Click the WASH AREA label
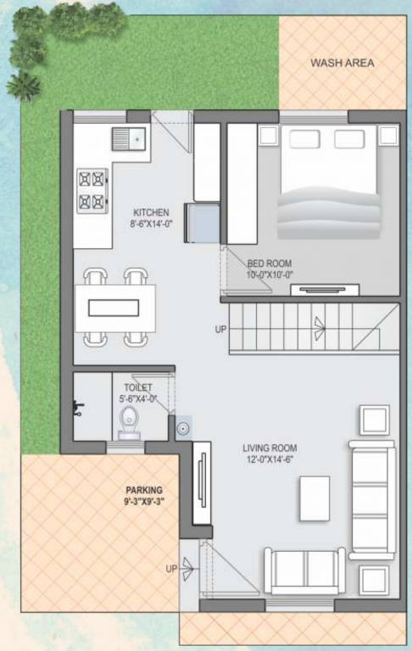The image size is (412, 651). click(342, 63)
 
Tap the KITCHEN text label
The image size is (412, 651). click(151, 212)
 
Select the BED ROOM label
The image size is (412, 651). click(270, 264)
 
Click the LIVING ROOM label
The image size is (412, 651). click(270, 448)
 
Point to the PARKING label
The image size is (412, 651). click(144, 490)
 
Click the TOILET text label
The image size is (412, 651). click(137, 387)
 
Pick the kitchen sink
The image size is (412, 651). click(129, 138)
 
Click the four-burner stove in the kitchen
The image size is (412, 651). click(93, 190)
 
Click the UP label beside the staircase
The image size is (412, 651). click(220, 329)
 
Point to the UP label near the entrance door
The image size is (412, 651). click(171, 569)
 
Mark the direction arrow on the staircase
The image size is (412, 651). click(320, 324)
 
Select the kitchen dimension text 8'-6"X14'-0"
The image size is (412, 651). click(151, 225)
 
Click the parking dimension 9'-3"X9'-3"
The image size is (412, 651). click(144, 503)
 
